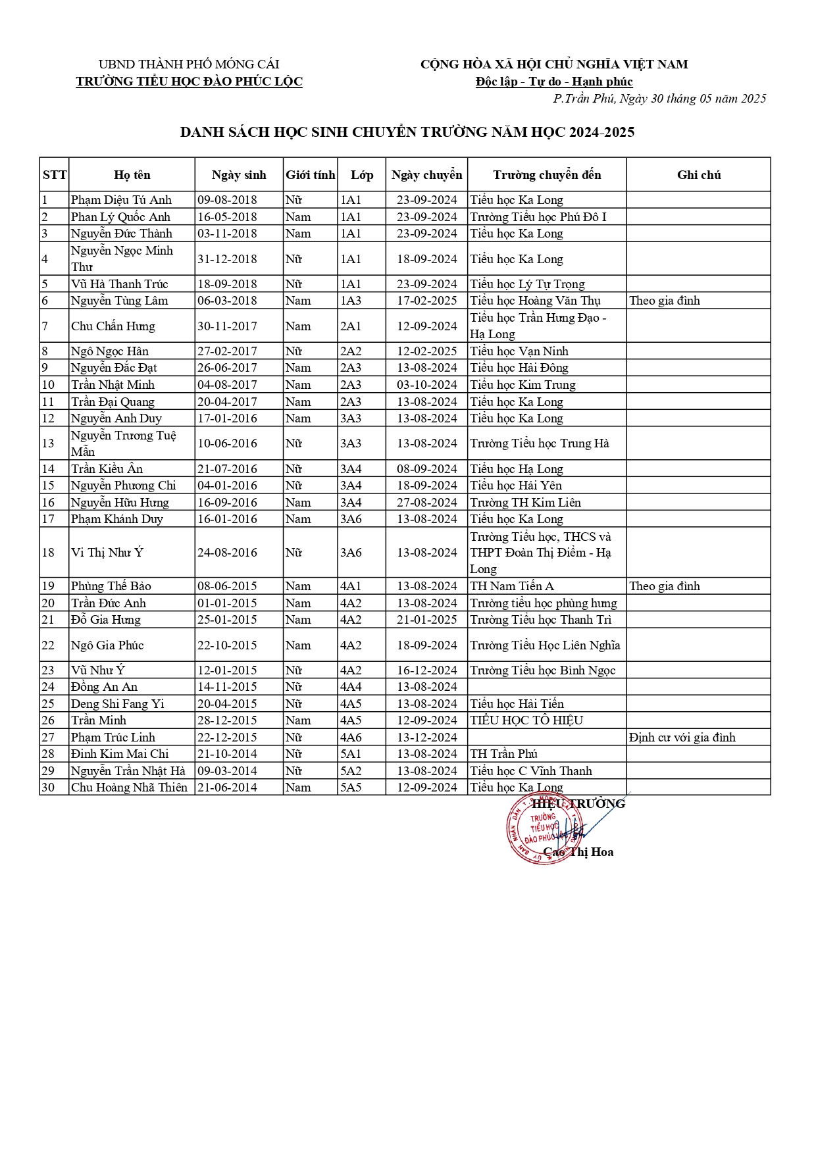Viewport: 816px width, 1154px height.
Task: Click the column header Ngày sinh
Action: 239,175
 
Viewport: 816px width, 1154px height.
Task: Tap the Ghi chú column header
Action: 699,175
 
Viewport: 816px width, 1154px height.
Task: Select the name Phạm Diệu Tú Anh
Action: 121,200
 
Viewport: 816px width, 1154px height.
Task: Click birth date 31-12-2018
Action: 227,259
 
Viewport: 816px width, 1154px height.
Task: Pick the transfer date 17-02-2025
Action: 426,301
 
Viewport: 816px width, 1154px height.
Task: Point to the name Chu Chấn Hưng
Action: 113,326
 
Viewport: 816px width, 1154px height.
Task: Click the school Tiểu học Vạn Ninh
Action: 519,351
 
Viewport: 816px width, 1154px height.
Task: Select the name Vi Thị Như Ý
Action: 107,553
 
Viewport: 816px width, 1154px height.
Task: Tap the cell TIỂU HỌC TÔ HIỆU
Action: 526,720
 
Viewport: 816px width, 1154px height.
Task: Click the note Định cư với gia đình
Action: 682,738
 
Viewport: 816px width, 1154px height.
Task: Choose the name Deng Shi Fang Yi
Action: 118,704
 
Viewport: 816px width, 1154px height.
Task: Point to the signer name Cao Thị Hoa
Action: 578,852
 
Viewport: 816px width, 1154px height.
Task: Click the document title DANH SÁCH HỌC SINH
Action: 407,132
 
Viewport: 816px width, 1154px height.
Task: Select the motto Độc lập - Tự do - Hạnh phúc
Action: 554,82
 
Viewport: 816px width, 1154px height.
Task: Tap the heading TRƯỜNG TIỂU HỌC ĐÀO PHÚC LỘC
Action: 189,82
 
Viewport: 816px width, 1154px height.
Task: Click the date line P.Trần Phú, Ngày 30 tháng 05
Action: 659,99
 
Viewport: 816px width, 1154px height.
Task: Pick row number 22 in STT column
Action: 48,645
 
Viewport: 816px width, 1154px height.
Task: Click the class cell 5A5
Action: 351,788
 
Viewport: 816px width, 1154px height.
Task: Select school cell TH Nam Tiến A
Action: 512,586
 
